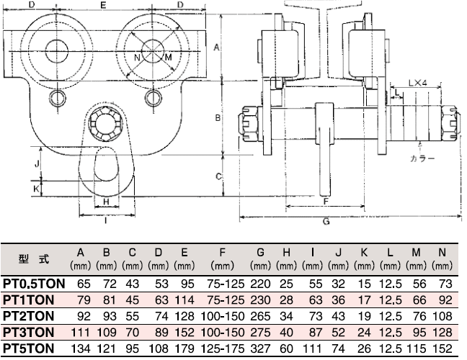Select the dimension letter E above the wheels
coord(104,6)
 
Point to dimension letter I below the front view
coord(106,222)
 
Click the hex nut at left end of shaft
coord(249,125)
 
